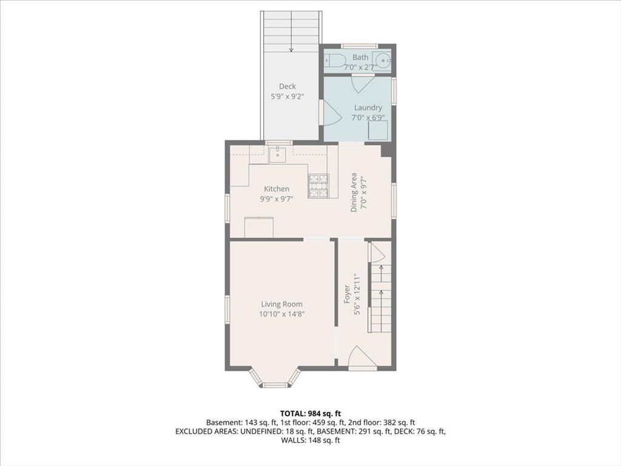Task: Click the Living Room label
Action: click(281, 305)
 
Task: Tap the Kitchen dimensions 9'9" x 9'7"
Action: click(277, 199)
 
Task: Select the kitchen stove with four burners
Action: click(318, 186)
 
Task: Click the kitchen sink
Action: click(278, 155)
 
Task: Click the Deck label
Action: click(287, 86)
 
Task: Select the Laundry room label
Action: click(368, 107)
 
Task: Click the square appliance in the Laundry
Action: click(378, 130)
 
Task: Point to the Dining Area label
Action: click(354, 192)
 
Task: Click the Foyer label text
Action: click(347, 294)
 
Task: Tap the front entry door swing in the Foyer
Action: click(361, 357)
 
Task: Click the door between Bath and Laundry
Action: click(362, 83)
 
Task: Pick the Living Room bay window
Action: click(275, 379)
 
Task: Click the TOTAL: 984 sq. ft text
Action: click(310, 414)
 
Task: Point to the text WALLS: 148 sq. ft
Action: click(310, 440)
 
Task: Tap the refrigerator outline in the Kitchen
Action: click(259, 227)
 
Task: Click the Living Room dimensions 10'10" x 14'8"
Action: click(281, 314)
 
